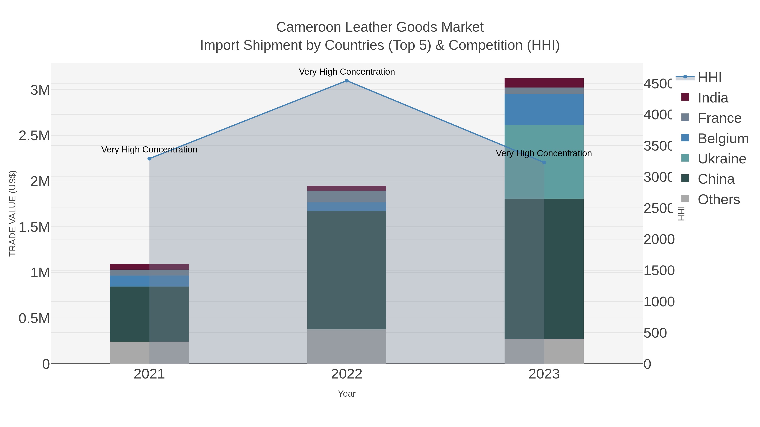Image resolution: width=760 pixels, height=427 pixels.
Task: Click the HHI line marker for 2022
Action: click(x=347, y=81)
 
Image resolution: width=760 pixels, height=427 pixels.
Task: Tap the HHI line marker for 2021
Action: click(x=149, y=159)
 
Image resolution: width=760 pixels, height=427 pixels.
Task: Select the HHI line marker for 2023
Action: click(x=544, y=162)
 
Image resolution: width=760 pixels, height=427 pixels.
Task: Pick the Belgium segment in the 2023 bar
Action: click(x=544, y=109)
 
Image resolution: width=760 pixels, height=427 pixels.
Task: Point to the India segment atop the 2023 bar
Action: click(x=544, y=83)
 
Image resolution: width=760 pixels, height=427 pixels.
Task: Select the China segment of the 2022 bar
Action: click(x=347, y=270)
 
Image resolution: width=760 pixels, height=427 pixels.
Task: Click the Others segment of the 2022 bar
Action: click(x=347, y=346)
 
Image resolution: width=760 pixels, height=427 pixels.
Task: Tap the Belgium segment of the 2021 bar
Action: click(x=149, y=281)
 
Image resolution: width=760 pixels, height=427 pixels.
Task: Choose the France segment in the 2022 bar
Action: click(x=347, y=197)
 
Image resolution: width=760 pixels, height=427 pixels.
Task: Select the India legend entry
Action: click(x=712, y=98)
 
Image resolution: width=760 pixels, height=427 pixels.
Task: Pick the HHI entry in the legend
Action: click(x=709, y=78)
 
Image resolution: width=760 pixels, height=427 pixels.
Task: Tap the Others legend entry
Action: click(x=718, y=199)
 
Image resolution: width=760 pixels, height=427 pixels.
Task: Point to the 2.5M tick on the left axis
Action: click(x=34, y=136)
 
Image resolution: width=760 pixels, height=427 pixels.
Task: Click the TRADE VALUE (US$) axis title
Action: click(x=13, y=213)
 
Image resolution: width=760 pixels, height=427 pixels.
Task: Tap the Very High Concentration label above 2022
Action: click(x=347, y=72)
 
